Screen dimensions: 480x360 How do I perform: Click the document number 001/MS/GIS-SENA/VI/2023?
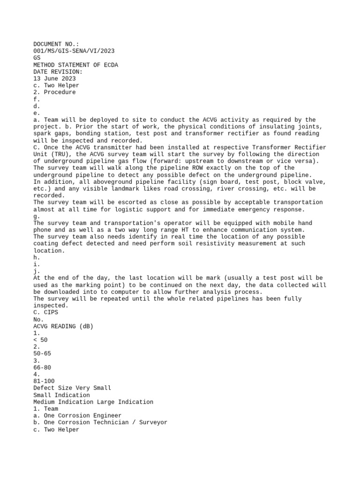pyautogui.click(x=74, y=51)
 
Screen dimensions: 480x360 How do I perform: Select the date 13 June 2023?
pyautogui.click(x=54, y=79)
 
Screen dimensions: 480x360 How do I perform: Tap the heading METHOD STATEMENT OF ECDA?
pyautogui.click(x=75, y=65)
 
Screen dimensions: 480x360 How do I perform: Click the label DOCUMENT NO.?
pyautogui.click(x=56, y=44)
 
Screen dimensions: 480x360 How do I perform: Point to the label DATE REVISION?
pyautogui.click(x=58, y=72)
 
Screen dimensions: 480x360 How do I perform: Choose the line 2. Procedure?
pyautogui.click(x=54, y=92)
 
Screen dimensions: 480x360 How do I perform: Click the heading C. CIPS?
pyautogui.click(x=45, y=312)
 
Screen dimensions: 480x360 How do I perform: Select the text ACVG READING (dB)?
pyautogui.click(x=63, y=326)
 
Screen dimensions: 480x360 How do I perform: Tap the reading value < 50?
pyautogui.click(x=40, y=340)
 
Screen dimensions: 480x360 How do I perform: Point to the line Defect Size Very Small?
pyautogui.click(x=72, y=388)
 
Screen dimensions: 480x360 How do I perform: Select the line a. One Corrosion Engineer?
pyautogui.click(x=77, y=416)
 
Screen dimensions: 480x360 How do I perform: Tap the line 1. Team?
pyautogui.click(x=45, y=409)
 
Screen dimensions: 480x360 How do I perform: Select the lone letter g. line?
pyautogui.click(x=37, y=216)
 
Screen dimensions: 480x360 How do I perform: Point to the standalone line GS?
pyautogui.click(x=37, y=58)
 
